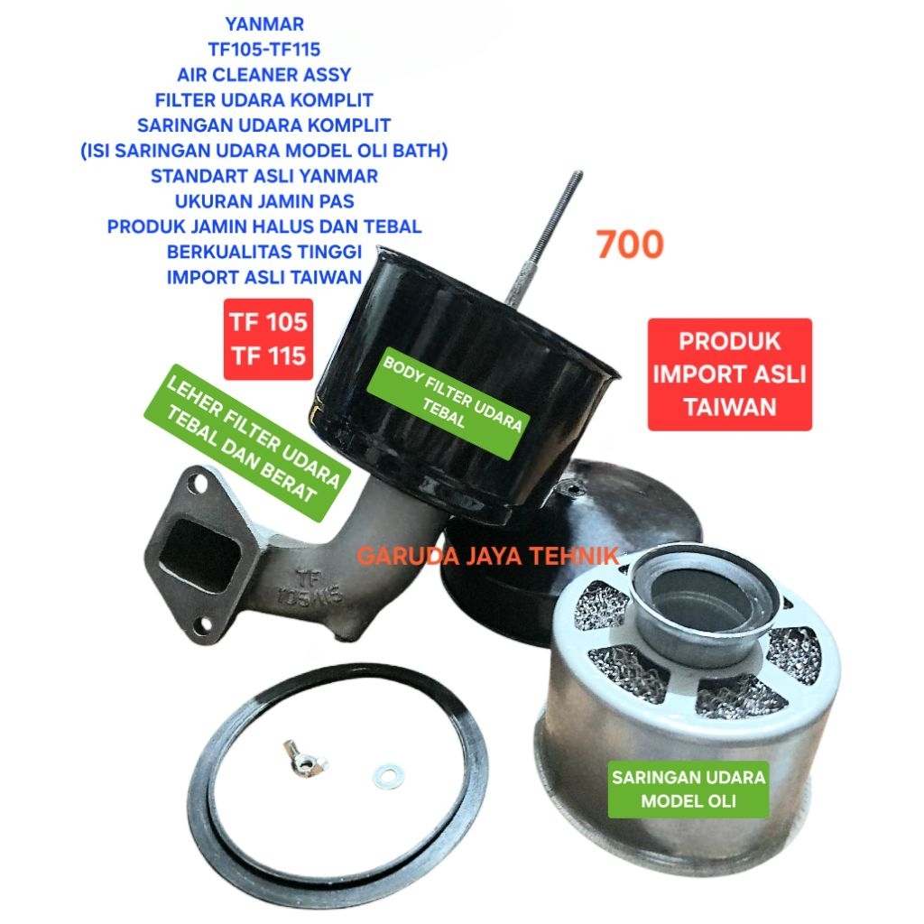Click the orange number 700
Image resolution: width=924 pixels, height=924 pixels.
pos(630,245)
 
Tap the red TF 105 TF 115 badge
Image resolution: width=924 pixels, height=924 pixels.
pos(268,338)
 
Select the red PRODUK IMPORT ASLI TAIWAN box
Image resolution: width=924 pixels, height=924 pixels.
pos(730,374)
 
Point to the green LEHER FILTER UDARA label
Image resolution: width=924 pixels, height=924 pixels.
pos(242,443)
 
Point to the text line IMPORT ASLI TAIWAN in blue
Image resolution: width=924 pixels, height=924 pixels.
pos(263,277)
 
